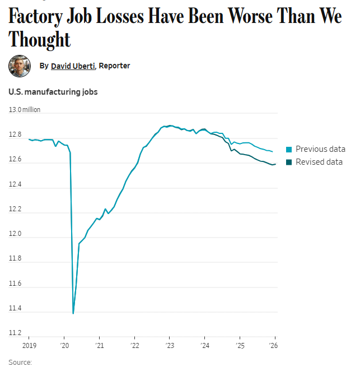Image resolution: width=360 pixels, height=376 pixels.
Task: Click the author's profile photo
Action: pyautogui.click(x=19, y=66)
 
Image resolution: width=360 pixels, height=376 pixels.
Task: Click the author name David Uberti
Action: pyautogui.click(x=73, y=66)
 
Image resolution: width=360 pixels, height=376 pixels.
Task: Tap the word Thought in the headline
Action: pyautogui.click(x=40, y=40)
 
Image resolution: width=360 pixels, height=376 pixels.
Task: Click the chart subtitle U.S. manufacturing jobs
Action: pyautogui.click(x=53, y=92)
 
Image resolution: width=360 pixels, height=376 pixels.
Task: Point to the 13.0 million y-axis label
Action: pyautogui.click(x=25, y=110)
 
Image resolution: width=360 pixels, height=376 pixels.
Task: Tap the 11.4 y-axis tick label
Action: pyautogui.click(x=16, y=309)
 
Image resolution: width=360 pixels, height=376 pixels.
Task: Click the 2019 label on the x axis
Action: pyautogui.click(x=29, y=346)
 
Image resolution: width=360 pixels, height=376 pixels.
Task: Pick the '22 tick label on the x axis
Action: pyautogui.click(x=134, y=346)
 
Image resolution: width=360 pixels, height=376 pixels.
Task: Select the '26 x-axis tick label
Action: pyautogui.click(x=274, y=346)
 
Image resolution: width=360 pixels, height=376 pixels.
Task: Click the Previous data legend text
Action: pyautogui.click(x=320, y=149)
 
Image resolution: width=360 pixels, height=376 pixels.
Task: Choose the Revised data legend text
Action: pyautogui.click(x=319, y=162)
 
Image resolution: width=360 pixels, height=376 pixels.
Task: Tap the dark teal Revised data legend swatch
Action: pyautogui.click(x=289, y=163)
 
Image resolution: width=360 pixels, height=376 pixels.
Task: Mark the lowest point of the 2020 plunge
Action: pyautogui.click(x=73, y=313)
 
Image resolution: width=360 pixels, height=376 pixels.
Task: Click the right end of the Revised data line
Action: pyautogui.click(x=275, y=164)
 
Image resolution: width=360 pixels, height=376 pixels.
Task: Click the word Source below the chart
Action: pyautogui.click(x=20, y=363)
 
